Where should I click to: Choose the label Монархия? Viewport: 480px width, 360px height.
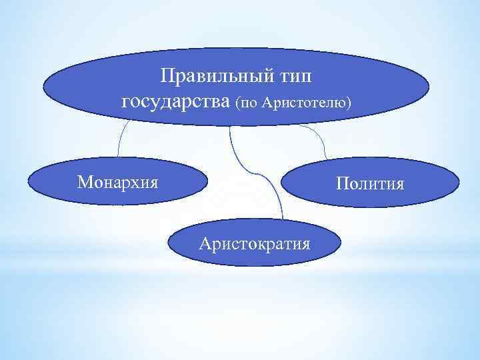[117, 181]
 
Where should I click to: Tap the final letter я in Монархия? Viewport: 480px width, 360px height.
[154, 182]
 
